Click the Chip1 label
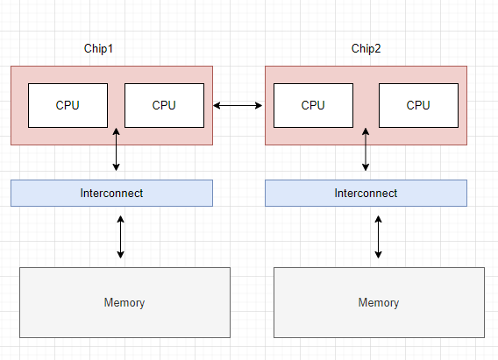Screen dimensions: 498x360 coord(98,48)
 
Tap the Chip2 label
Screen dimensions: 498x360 coord(366,48)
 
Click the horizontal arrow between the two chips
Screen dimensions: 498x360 coord(238,105)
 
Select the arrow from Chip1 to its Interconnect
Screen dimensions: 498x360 coord(117,150)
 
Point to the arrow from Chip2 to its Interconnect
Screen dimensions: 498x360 coord(366,150)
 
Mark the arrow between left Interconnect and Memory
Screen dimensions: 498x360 coord(120,236)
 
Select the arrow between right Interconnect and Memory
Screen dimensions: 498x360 coord(378,236)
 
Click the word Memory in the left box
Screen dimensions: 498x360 coord(125,302)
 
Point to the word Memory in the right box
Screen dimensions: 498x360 coord(379,302)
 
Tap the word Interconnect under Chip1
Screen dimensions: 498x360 coord(112,194)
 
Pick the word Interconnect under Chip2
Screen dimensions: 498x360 coord(366,194)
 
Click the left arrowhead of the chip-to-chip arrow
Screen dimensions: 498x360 coord(217,105)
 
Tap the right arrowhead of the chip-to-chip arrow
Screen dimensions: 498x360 coord(260,105)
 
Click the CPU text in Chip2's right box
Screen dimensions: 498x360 coord(418,105)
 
